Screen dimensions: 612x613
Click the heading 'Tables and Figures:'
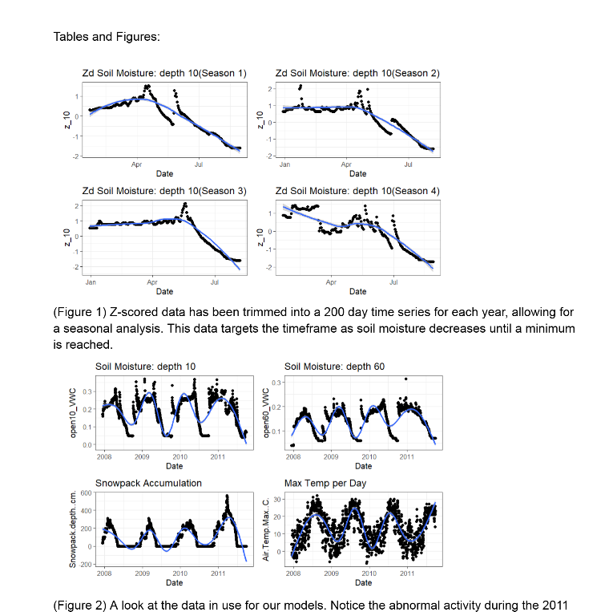(106, 37)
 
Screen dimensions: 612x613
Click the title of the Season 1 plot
(163, 74)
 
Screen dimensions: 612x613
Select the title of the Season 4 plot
(357, 191)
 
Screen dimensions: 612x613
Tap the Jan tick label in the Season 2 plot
(284, 164)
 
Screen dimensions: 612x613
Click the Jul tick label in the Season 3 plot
(214, 282)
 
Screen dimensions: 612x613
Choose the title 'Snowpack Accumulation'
(148, 484)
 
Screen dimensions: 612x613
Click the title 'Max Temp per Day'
(325, 484)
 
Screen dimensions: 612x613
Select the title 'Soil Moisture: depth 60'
(334, 367)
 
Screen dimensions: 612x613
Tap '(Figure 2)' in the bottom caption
(79, 605)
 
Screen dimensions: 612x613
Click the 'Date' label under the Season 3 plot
(164, 292)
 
